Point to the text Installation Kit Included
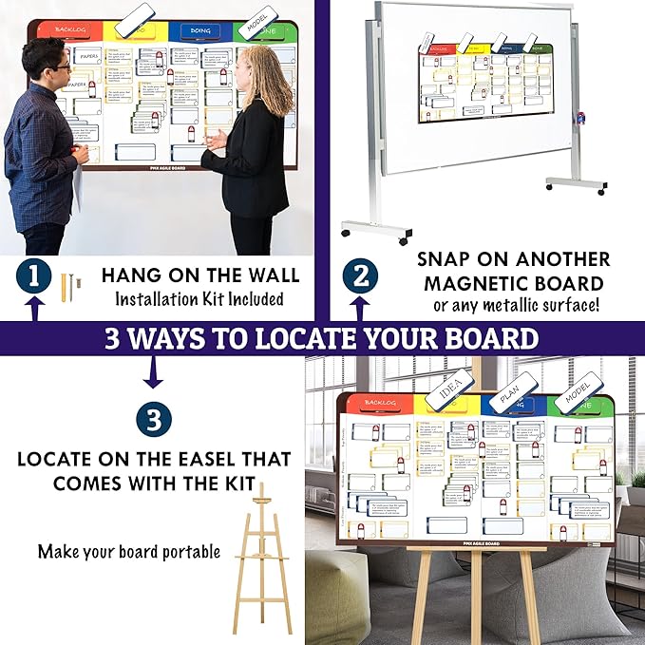pyautogui.click(x=200, y=299)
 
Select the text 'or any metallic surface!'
pyautogui.click(x=517, y=304)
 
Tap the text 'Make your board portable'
pyautogui.click(x=129, y=551)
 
